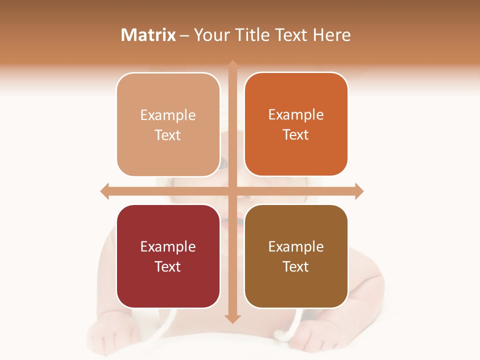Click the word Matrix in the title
point(148,35)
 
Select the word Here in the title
point(331,35)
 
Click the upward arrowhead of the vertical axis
point(232,65)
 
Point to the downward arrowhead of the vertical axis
point(232,318)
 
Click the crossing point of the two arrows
point(232,191)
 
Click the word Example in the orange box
point(296,115)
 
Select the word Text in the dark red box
point(167,266)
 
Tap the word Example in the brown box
point(296,246)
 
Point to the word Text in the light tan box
point(167,135)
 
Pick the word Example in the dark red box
point(168,246)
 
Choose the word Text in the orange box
point(295,134)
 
